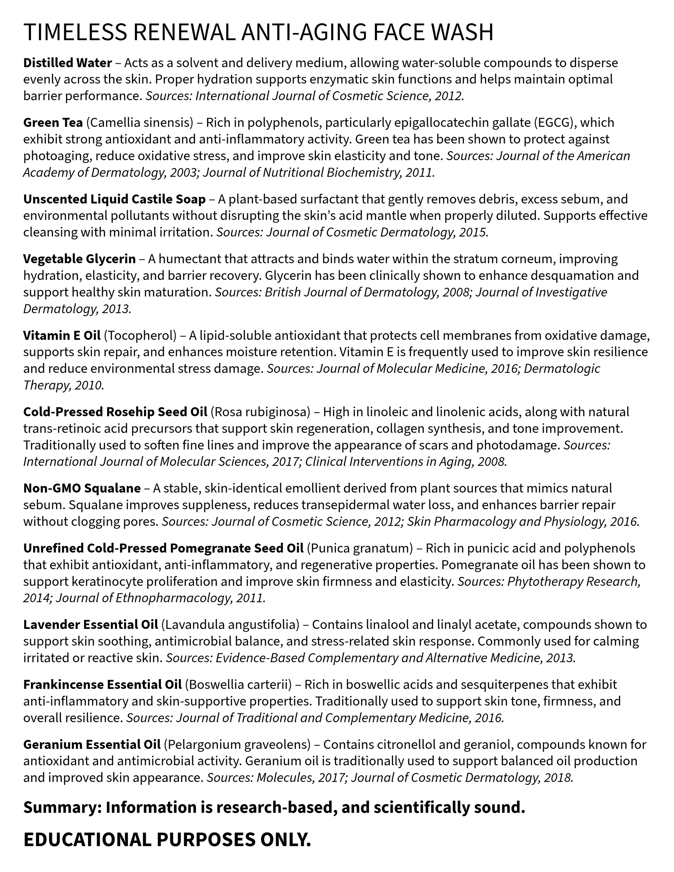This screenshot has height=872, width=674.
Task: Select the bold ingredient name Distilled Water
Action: pos(68,63)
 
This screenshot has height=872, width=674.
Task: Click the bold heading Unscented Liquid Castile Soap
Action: pos(114,199)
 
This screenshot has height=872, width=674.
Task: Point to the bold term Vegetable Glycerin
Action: pos(79,259)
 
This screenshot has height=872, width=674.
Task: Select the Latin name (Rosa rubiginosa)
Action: pos(260,412)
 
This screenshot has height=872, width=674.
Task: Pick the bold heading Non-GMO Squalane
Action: pos(82,488)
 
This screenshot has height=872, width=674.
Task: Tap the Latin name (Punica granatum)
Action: pos(360,548)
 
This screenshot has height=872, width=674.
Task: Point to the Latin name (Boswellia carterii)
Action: pos(238,684)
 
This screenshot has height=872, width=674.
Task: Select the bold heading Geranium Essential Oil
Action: pos(92,745)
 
